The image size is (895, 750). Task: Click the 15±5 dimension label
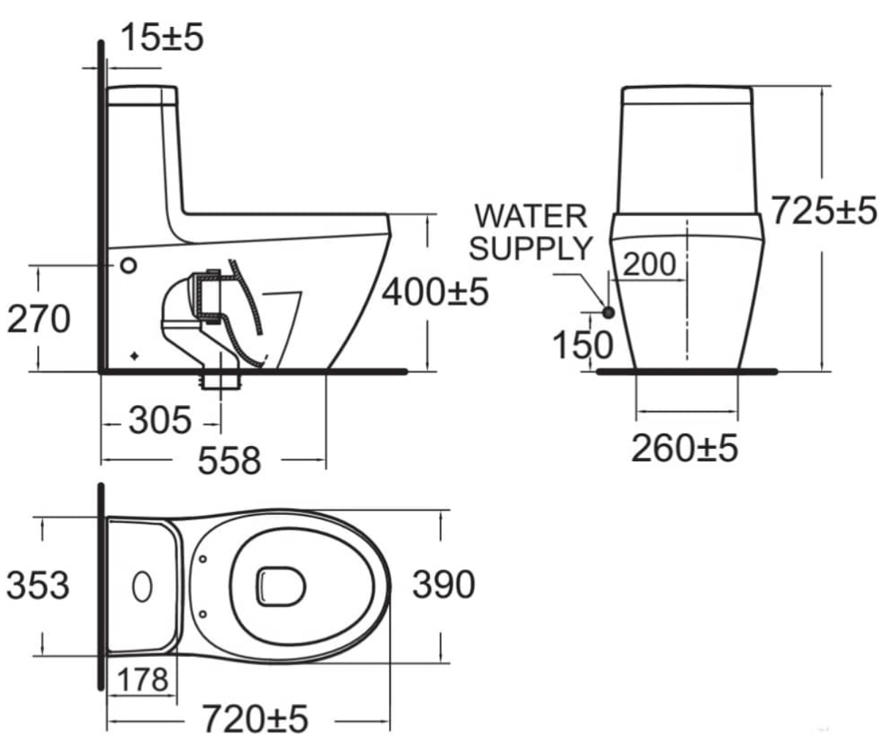[163, 37]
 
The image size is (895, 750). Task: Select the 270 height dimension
[39, 319]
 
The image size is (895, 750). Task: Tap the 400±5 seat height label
[435, 292]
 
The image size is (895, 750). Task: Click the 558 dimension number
[229, 461]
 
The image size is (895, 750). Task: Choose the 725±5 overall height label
[824, 210]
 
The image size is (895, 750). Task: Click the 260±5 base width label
[685, 448]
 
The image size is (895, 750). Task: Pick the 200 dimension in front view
[649, 264]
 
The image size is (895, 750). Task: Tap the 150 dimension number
[583, 345]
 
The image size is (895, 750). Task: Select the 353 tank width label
[38, 585]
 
